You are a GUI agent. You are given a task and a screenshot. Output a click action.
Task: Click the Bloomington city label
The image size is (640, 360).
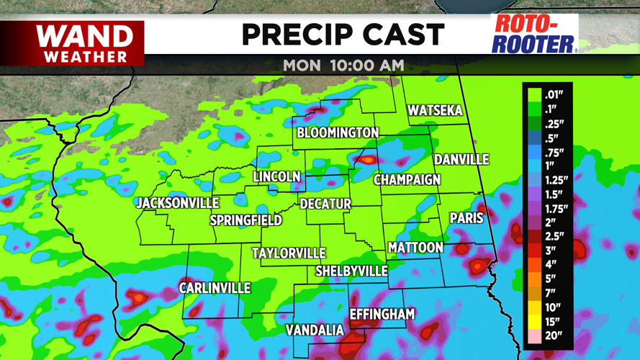click(338, 133)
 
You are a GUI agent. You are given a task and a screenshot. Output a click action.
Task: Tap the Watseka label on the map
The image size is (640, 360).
click(434, 111)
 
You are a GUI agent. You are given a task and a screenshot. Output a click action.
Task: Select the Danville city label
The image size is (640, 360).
click(461, 159)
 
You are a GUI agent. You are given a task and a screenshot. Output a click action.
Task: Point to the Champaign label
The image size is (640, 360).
click(407, 179)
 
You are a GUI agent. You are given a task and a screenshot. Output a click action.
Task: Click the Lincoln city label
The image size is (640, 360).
click(276, 177)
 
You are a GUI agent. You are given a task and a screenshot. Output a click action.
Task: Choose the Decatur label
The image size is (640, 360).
click(325, 204)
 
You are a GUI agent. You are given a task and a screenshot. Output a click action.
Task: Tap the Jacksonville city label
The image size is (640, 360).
click(177, 204)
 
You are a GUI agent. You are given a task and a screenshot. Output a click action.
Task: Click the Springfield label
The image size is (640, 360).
click(245, 220)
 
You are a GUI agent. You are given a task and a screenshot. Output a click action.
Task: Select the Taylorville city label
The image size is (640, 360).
click(289, 253)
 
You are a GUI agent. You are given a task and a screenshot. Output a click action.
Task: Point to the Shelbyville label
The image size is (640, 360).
click(351, 271)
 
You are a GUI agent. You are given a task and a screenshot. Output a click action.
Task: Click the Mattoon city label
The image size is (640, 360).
click(415, 248)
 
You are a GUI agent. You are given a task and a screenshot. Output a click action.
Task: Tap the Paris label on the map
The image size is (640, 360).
click(467, 217)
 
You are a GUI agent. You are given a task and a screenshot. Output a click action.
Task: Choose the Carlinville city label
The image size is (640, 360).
click(215, 288)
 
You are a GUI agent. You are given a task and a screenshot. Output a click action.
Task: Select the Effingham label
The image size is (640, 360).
click(382, 314)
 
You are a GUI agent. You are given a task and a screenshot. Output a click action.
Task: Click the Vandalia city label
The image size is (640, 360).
click(315, 330)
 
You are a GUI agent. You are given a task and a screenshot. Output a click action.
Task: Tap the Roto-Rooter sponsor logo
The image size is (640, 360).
click(534, 34)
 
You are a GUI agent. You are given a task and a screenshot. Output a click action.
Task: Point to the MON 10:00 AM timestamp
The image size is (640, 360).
click(343, 65)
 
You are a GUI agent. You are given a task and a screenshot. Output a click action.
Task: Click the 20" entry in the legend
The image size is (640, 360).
click(553, 335)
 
